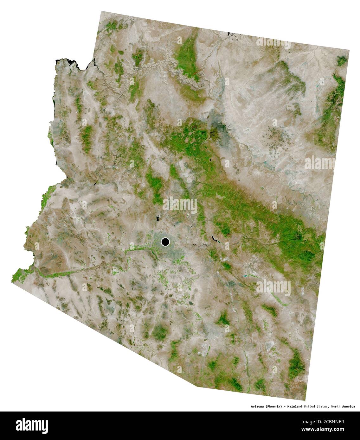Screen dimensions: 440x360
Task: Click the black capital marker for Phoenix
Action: pos(165,242)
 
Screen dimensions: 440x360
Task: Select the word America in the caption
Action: pos(349,406)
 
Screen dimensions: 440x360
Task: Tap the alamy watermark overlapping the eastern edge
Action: pos(319,163)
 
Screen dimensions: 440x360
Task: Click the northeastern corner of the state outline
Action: pos(349,50)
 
